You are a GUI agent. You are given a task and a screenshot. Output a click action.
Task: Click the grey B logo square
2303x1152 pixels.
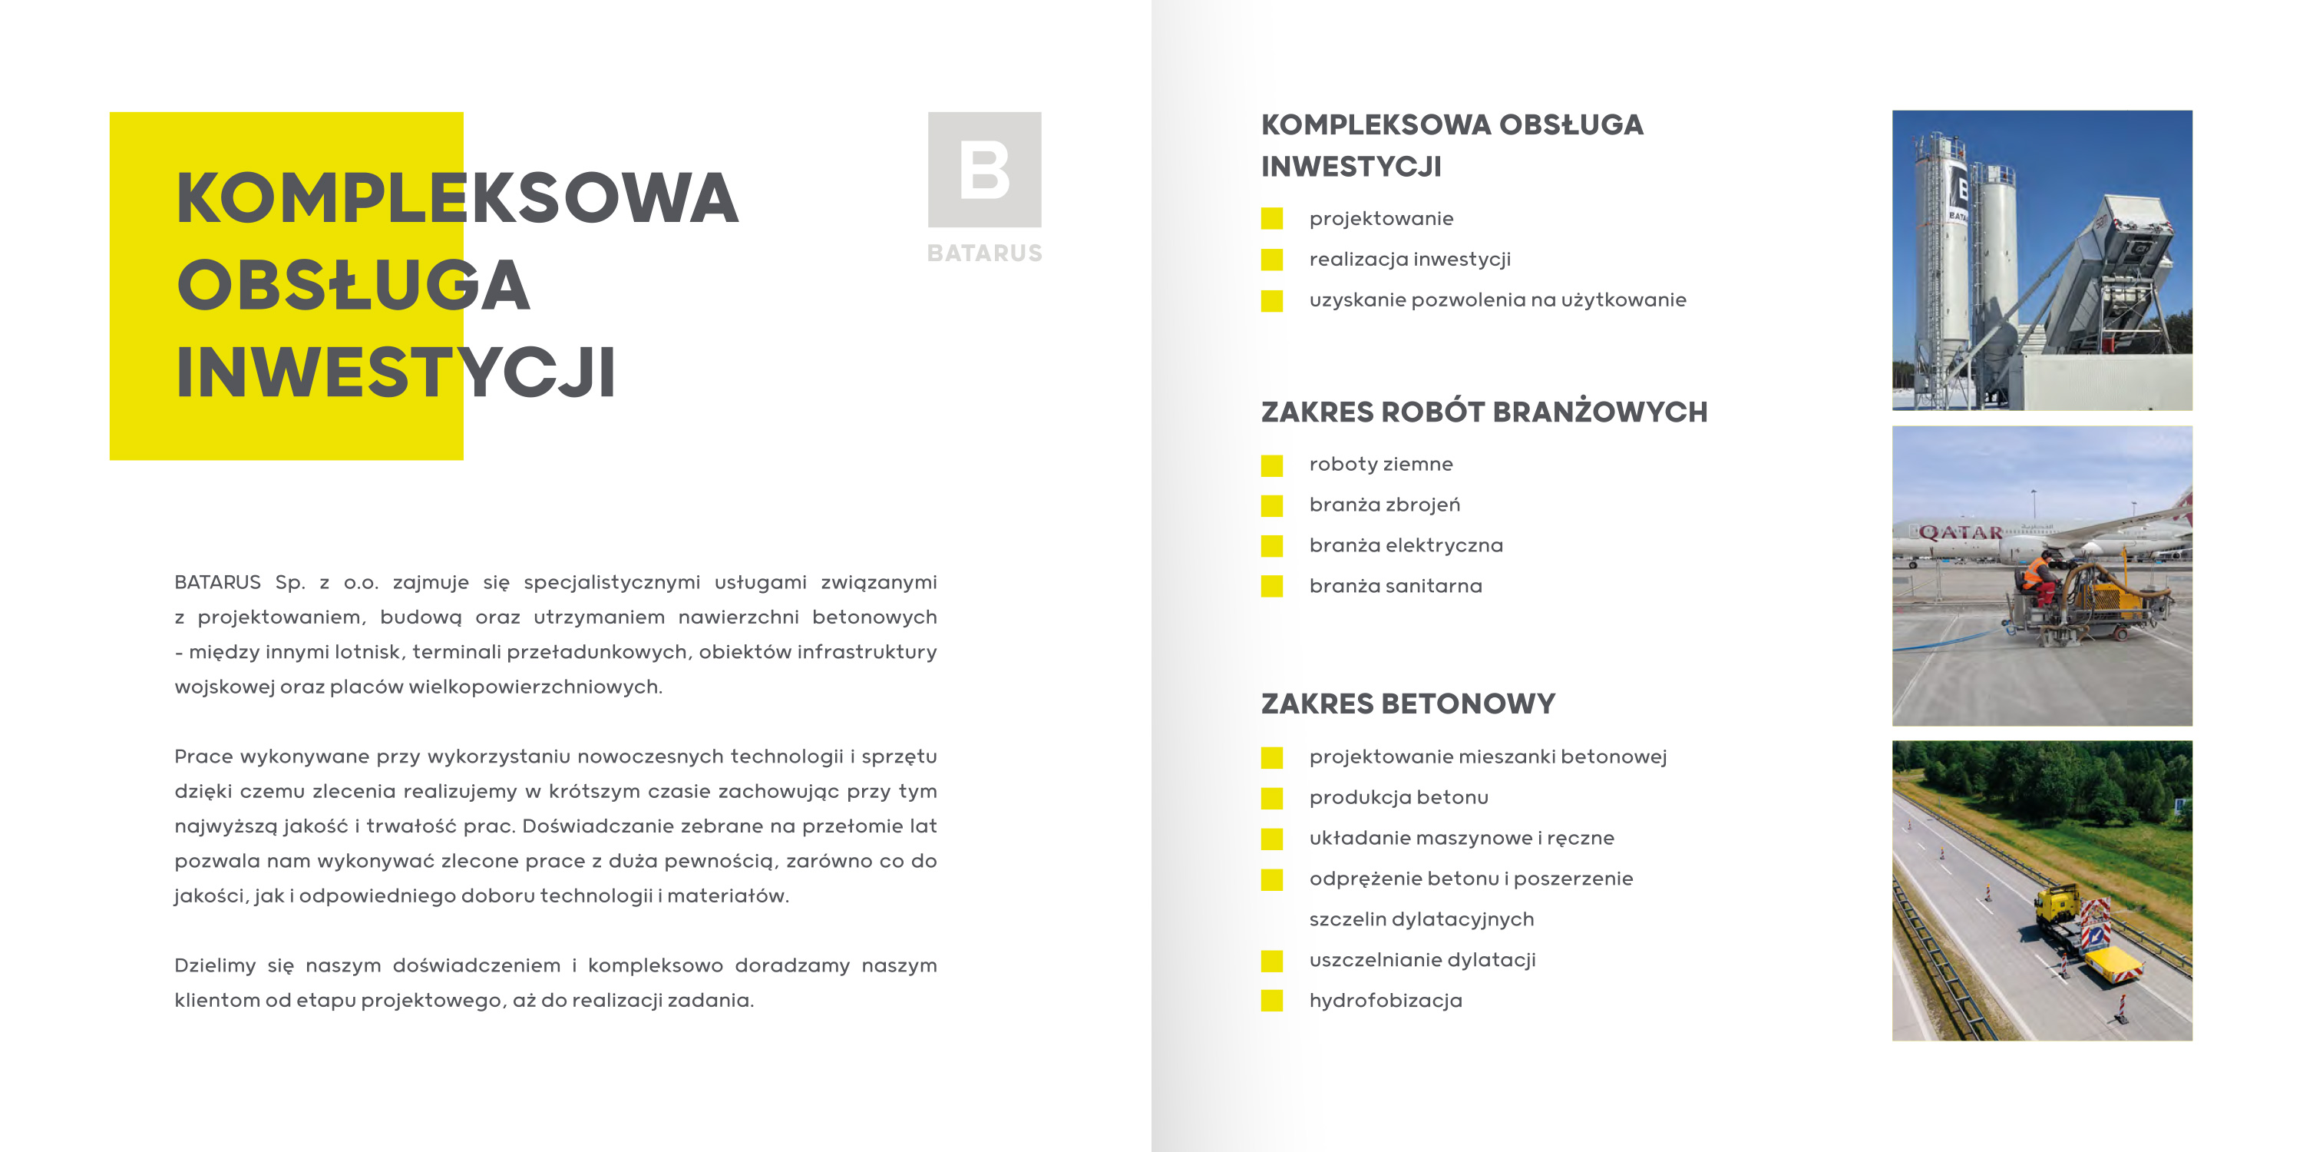(984, 169)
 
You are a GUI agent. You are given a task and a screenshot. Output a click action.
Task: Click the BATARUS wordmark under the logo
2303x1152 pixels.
(984, 253)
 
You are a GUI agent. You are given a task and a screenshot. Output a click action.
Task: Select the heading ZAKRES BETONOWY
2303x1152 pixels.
(1408, 704)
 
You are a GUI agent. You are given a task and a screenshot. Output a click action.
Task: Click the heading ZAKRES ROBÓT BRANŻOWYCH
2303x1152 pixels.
(1484, 412)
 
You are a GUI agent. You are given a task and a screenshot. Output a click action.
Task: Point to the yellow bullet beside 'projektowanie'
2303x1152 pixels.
(1271, 219)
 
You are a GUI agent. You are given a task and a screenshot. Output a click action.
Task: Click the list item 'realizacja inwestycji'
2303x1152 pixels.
(1410, 260)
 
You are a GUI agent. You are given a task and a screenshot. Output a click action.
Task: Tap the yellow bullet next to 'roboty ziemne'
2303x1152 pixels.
(1271, 465)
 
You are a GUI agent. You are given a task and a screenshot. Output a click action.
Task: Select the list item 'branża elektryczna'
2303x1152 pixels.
(1406, 545)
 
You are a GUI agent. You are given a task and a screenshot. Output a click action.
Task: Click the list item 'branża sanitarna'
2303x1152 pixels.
(1396, 586)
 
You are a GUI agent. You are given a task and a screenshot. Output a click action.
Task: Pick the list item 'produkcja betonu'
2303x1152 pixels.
(1398, 797)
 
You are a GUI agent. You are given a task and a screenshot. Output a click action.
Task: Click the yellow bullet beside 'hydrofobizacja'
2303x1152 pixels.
(1271, 1001)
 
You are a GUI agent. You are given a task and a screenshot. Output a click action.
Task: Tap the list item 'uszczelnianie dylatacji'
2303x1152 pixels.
(1422, 960)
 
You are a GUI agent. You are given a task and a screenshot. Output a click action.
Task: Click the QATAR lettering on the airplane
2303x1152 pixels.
(1961, 533)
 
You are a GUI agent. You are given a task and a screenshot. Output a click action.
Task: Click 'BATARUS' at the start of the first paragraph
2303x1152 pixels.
(217, 582)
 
